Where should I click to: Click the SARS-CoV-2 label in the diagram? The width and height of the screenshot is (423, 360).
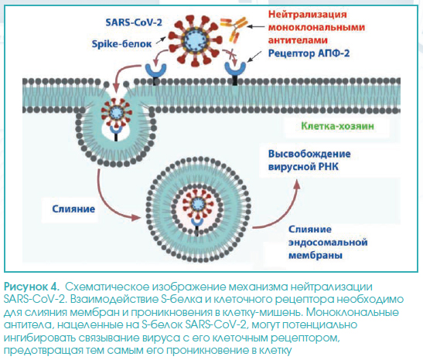tap(134, 22)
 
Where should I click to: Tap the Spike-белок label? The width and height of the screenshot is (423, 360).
tap(121, 44)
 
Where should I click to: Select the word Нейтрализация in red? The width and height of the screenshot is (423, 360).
tap(307, 14)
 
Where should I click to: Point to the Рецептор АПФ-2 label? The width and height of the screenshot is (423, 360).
tap(309, 53)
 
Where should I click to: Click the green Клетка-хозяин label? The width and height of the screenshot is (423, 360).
tap(337, 126)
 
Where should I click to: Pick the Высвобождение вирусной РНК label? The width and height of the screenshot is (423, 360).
tap(309, 161)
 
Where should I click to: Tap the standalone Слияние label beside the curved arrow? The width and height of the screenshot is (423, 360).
tap(73, 209)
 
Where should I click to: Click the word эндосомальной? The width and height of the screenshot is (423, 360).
tap(328, 242)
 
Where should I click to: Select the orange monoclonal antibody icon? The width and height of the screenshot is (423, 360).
tap(234, 29)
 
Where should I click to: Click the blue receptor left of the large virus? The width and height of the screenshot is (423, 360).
tap(155, 71)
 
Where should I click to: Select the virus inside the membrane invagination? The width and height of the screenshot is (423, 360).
tap(116, 112)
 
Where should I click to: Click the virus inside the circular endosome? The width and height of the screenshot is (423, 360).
tap(198, 204)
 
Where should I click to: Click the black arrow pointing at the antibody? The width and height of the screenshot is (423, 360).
tap(256, 26)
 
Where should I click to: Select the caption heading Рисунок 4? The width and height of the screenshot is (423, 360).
tap(31, 287)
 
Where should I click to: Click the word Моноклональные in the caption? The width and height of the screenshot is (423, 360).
tap(353, 312)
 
